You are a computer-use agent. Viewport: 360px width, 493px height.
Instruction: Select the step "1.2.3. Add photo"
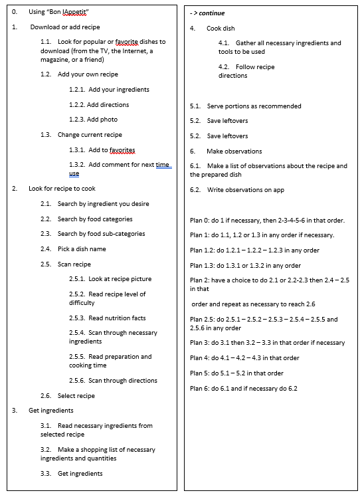[x=93, y=120]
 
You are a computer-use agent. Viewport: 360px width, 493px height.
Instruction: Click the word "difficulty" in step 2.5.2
[x=84, y=303]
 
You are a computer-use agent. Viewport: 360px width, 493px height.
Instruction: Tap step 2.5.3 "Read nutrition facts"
[x=108, y=318]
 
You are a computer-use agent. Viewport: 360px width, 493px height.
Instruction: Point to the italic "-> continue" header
[x=207, y=13]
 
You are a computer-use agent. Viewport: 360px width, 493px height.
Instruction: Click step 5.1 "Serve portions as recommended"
[x=245, y=106]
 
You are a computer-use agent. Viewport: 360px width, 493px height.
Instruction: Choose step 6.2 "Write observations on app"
[x=236, y=190]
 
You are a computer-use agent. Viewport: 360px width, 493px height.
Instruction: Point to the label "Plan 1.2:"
[x=204, y=250]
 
